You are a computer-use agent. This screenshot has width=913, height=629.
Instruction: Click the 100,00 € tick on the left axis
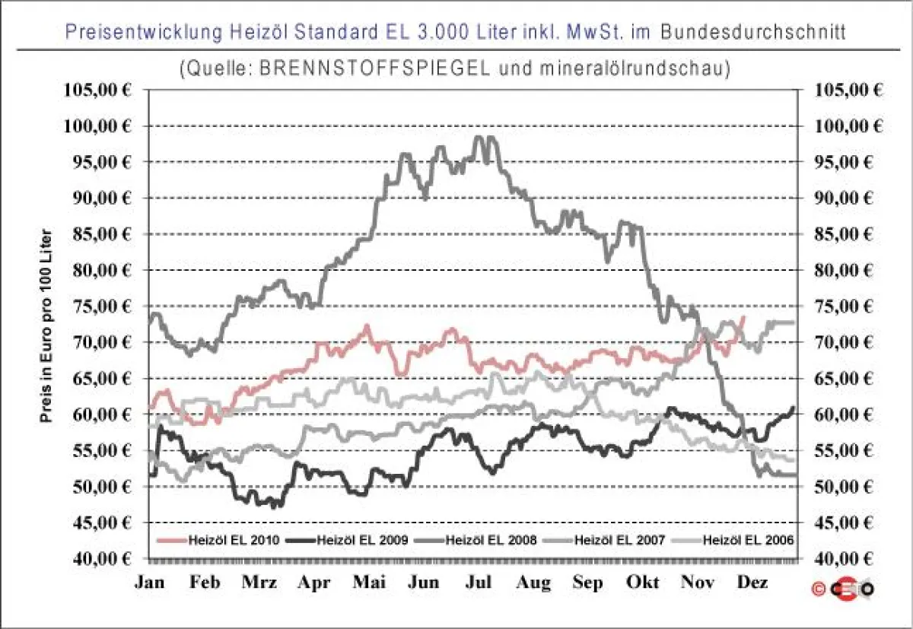[x=97, y=126]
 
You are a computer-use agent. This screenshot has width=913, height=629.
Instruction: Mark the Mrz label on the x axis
[x=260, y=583]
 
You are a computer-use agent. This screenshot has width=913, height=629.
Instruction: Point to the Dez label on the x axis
[x=752, y=583]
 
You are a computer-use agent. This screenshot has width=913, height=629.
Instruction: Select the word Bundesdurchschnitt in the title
[x=754, y=32]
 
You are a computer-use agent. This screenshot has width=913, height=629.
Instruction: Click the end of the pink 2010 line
[x=743, y=316]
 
